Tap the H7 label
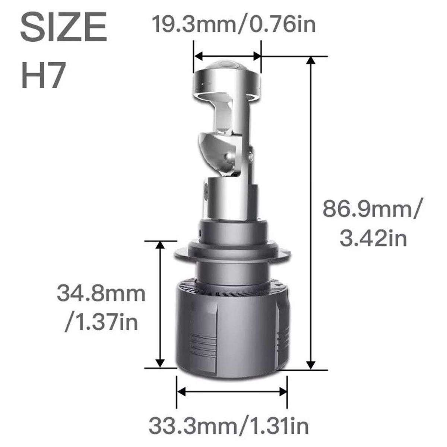click(x=43, y=74)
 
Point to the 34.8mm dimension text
click(x=101, y=294)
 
